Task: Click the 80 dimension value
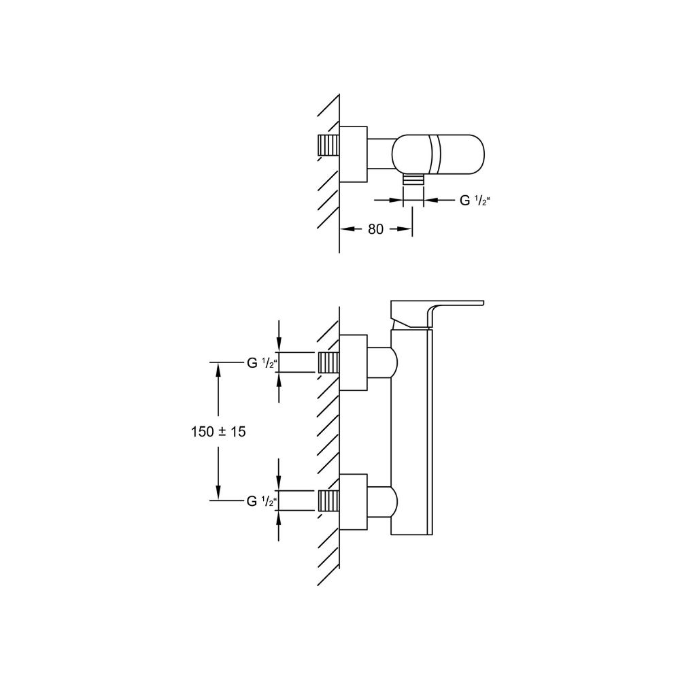[x=375, y=229]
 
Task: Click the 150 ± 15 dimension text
[x=218, y=432]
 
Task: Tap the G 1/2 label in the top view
[x=475, y=201]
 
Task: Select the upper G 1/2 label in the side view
[x=262, y=363]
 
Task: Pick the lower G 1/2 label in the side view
[x=262, y=501]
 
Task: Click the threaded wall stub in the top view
[x=328, y=146]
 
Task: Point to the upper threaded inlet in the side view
[x=328, y=362]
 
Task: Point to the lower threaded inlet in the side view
[x=328, y=500]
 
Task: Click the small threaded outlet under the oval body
[x=413, y=179]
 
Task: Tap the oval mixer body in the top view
[x=438, y=154]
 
